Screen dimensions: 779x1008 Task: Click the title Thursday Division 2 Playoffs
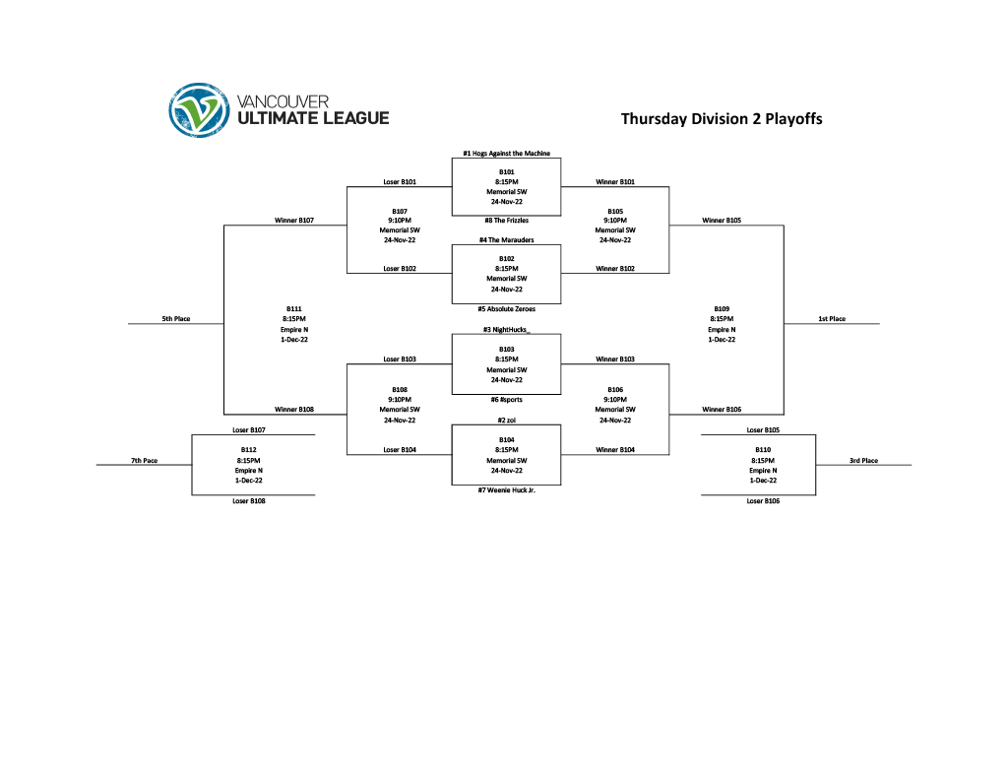pyautogui.click(x=721, y=119)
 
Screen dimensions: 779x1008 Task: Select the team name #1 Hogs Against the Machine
pyautogui.click(x=506, y=154)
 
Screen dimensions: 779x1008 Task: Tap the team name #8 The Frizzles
pyautogui.click(x=506, y=220)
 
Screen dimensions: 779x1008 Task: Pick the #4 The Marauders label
pyautogui.click(x=506, y=239)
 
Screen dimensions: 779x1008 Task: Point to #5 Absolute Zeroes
pyautogui.click(x=506, y=308)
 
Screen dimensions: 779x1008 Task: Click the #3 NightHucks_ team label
pyautogui.click(x=506, y=330)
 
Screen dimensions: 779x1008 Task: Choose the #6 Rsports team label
pyautogui.click(x=506, y=400)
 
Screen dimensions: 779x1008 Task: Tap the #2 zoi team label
pyautogui.click(x=506, y=420)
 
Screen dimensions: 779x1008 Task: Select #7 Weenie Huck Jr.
pyautogui.click(x=506, y=489)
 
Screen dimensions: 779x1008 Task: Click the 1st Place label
pyautogui.click(x=832, y=319)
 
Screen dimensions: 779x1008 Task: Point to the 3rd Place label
pyautogui.click(x=863, y=461)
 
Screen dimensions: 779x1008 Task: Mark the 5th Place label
pyautogui.click(x=176, y=319)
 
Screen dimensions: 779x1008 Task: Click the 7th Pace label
pyautogui.click(x=144, y=461)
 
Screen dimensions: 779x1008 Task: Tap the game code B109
pyautogui.click(x=722, y=308)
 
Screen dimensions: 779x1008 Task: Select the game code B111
pyautogui.click(x=293, y=308)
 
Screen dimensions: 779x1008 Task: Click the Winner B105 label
pyautogui.click(x=722, y=221)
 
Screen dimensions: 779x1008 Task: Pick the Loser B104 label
pyautogui.click(x=400, y=450)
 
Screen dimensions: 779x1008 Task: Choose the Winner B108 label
pyautogui.click(x=293, y=409)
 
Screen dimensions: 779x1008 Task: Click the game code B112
pyautogui.click(x=248, y=450)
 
